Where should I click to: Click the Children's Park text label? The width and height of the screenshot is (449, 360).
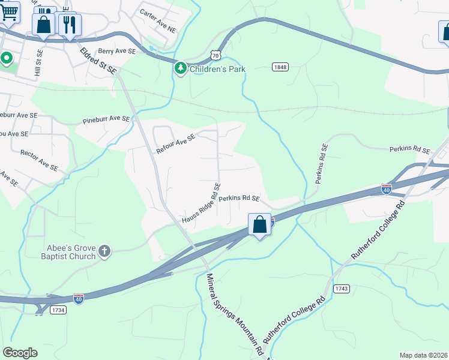(217, 69)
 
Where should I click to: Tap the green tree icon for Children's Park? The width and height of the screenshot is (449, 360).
(180, 68)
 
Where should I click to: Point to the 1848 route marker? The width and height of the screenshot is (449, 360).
(280, 67)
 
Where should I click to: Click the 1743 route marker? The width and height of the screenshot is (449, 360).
(342, 289)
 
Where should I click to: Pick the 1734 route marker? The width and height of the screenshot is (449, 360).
(58, 310)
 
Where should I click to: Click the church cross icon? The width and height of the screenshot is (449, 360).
(104, 251)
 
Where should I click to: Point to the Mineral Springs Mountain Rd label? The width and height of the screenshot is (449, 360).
(235, 313)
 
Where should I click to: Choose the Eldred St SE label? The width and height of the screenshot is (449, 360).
(99, 61)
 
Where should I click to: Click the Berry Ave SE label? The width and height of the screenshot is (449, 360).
(117, 52)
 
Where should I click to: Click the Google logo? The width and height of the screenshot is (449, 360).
(20, 352)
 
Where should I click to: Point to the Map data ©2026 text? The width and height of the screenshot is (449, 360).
(424, 355)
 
